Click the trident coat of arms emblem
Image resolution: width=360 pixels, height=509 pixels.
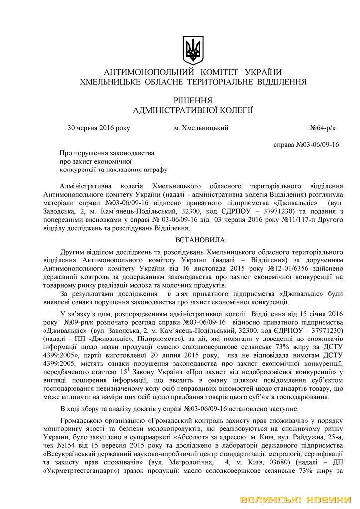[x=192, y=49]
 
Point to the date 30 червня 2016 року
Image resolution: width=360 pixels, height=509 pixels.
[x=98, y=128]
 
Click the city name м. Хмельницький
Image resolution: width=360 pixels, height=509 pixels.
[x=201, y=128]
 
